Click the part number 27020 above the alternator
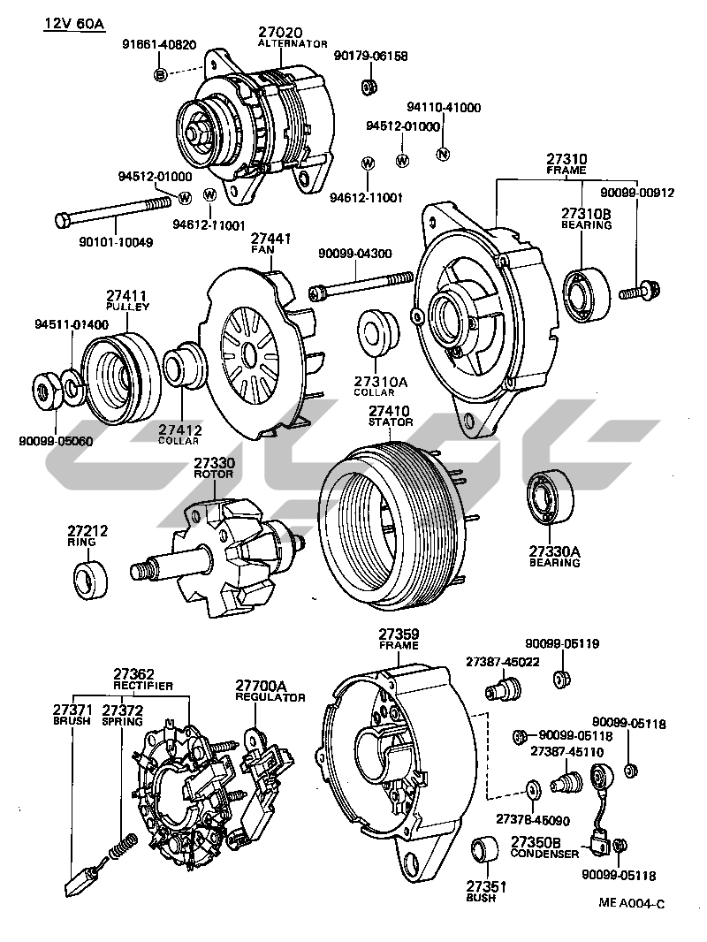click(x=279, y=32)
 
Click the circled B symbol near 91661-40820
click(x=161, y=74)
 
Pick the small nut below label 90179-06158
click(x=369, y=87)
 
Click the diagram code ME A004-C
click(x=631, y=902)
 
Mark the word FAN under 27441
click(x=262, y=249)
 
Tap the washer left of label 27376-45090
click(x=533, y=786)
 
